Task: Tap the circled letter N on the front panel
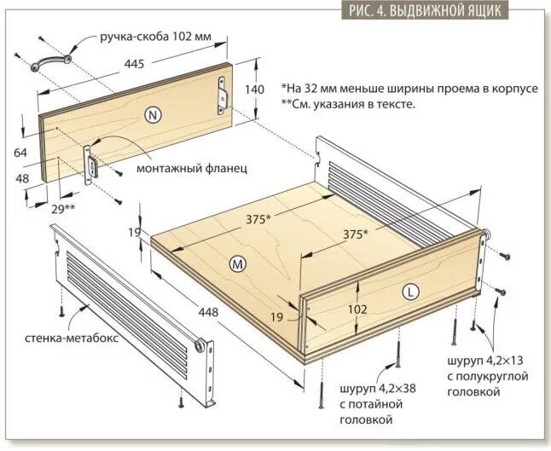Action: pyautogui.click(x=153, y=115)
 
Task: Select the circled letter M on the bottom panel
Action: pyautogui.click(x=238, y=264)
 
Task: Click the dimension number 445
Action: pyautogui.click(x=133, y=62)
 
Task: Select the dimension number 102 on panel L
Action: pyautogui.click(x=359, y=309)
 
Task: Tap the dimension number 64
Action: pyautogui.click(x=21, y=153)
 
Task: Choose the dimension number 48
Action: pyautogui.click(x=21, y=179)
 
